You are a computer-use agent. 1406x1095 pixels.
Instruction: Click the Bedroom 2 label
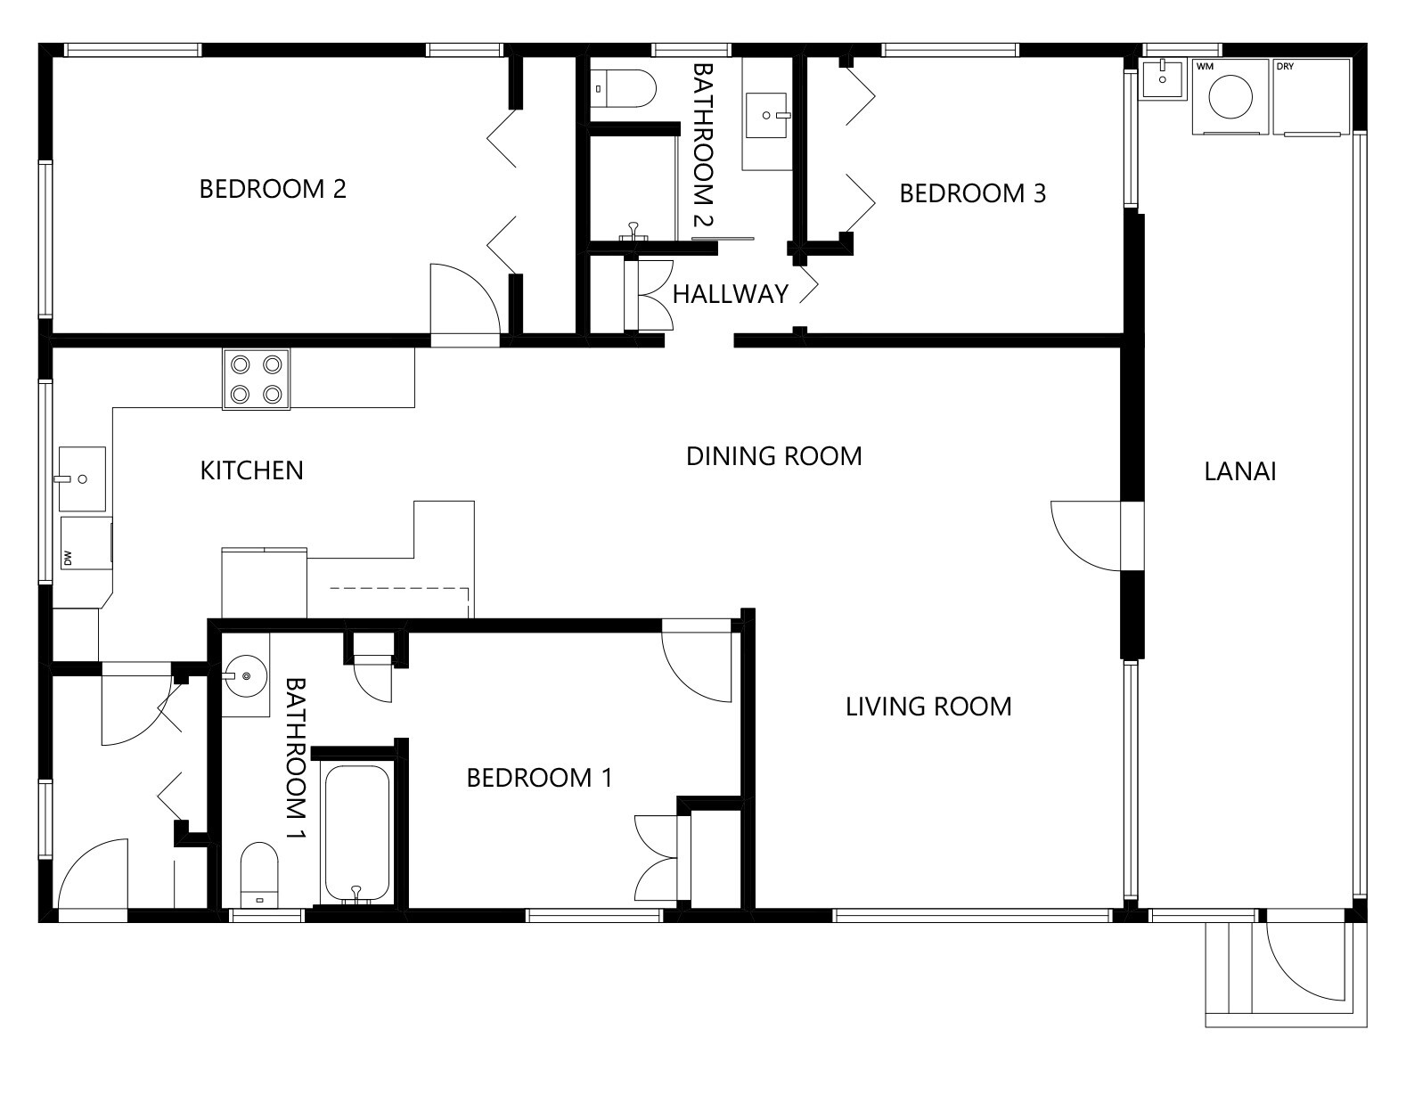point(273,189)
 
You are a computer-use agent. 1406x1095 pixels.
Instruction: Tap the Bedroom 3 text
point(972,193)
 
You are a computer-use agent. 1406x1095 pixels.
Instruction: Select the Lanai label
point(1239,471)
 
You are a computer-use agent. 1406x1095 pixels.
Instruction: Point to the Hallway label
point(730,294)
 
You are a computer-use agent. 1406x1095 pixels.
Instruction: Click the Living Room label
point(928,707)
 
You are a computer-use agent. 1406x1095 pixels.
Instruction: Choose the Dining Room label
point(774,457)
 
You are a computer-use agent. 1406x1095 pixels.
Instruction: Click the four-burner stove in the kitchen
point(257,379)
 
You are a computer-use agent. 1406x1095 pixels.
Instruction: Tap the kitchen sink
point(82,478)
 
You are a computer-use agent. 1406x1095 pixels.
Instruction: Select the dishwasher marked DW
point(86,543)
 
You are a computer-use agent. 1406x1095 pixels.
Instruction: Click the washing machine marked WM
point(1230,97)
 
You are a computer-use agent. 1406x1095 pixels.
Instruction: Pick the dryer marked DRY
point(1312,97)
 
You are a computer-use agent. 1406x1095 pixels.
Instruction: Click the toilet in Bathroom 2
point(624,88)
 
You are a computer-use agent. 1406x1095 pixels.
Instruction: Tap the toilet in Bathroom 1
point(259,875)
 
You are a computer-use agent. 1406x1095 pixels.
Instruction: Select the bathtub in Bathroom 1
point(357,835)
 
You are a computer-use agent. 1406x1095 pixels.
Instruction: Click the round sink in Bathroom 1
point(246,676)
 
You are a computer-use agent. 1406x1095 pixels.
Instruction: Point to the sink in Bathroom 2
point(767,116)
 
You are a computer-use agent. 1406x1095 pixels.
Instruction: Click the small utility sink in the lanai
point(1164,79)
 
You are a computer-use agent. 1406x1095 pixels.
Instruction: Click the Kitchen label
point(251,470)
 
